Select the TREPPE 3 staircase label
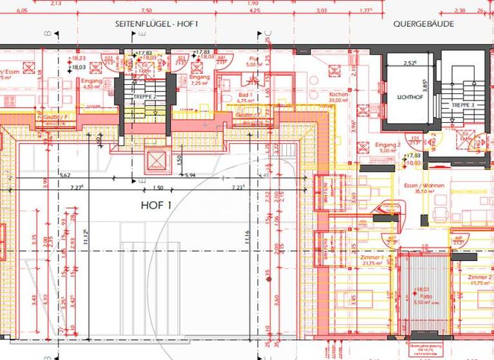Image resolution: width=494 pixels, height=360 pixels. [x=462, y=105]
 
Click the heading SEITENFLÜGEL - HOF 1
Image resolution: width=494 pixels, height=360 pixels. [x=158, y=24]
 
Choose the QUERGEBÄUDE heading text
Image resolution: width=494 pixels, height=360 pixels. [x=424, y=24]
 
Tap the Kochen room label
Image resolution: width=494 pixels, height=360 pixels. [x=338, y=94]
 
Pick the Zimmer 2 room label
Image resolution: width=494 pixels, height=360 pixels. [x=480, y=277]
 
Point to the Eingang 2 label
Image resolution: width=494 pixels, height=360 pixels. [x=389, y=145]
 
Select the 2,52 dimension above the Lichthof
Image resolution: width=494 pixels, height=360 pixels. [x=410, y=63]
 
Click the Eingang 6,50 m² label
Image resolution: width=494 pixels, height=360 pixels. [x=92, y=81]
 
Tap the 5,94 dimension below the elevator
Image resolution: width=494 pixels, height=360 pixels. [x=190, y=175]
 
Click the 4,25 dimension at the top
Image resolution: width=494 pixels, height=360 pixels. [x=254, y=11]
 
